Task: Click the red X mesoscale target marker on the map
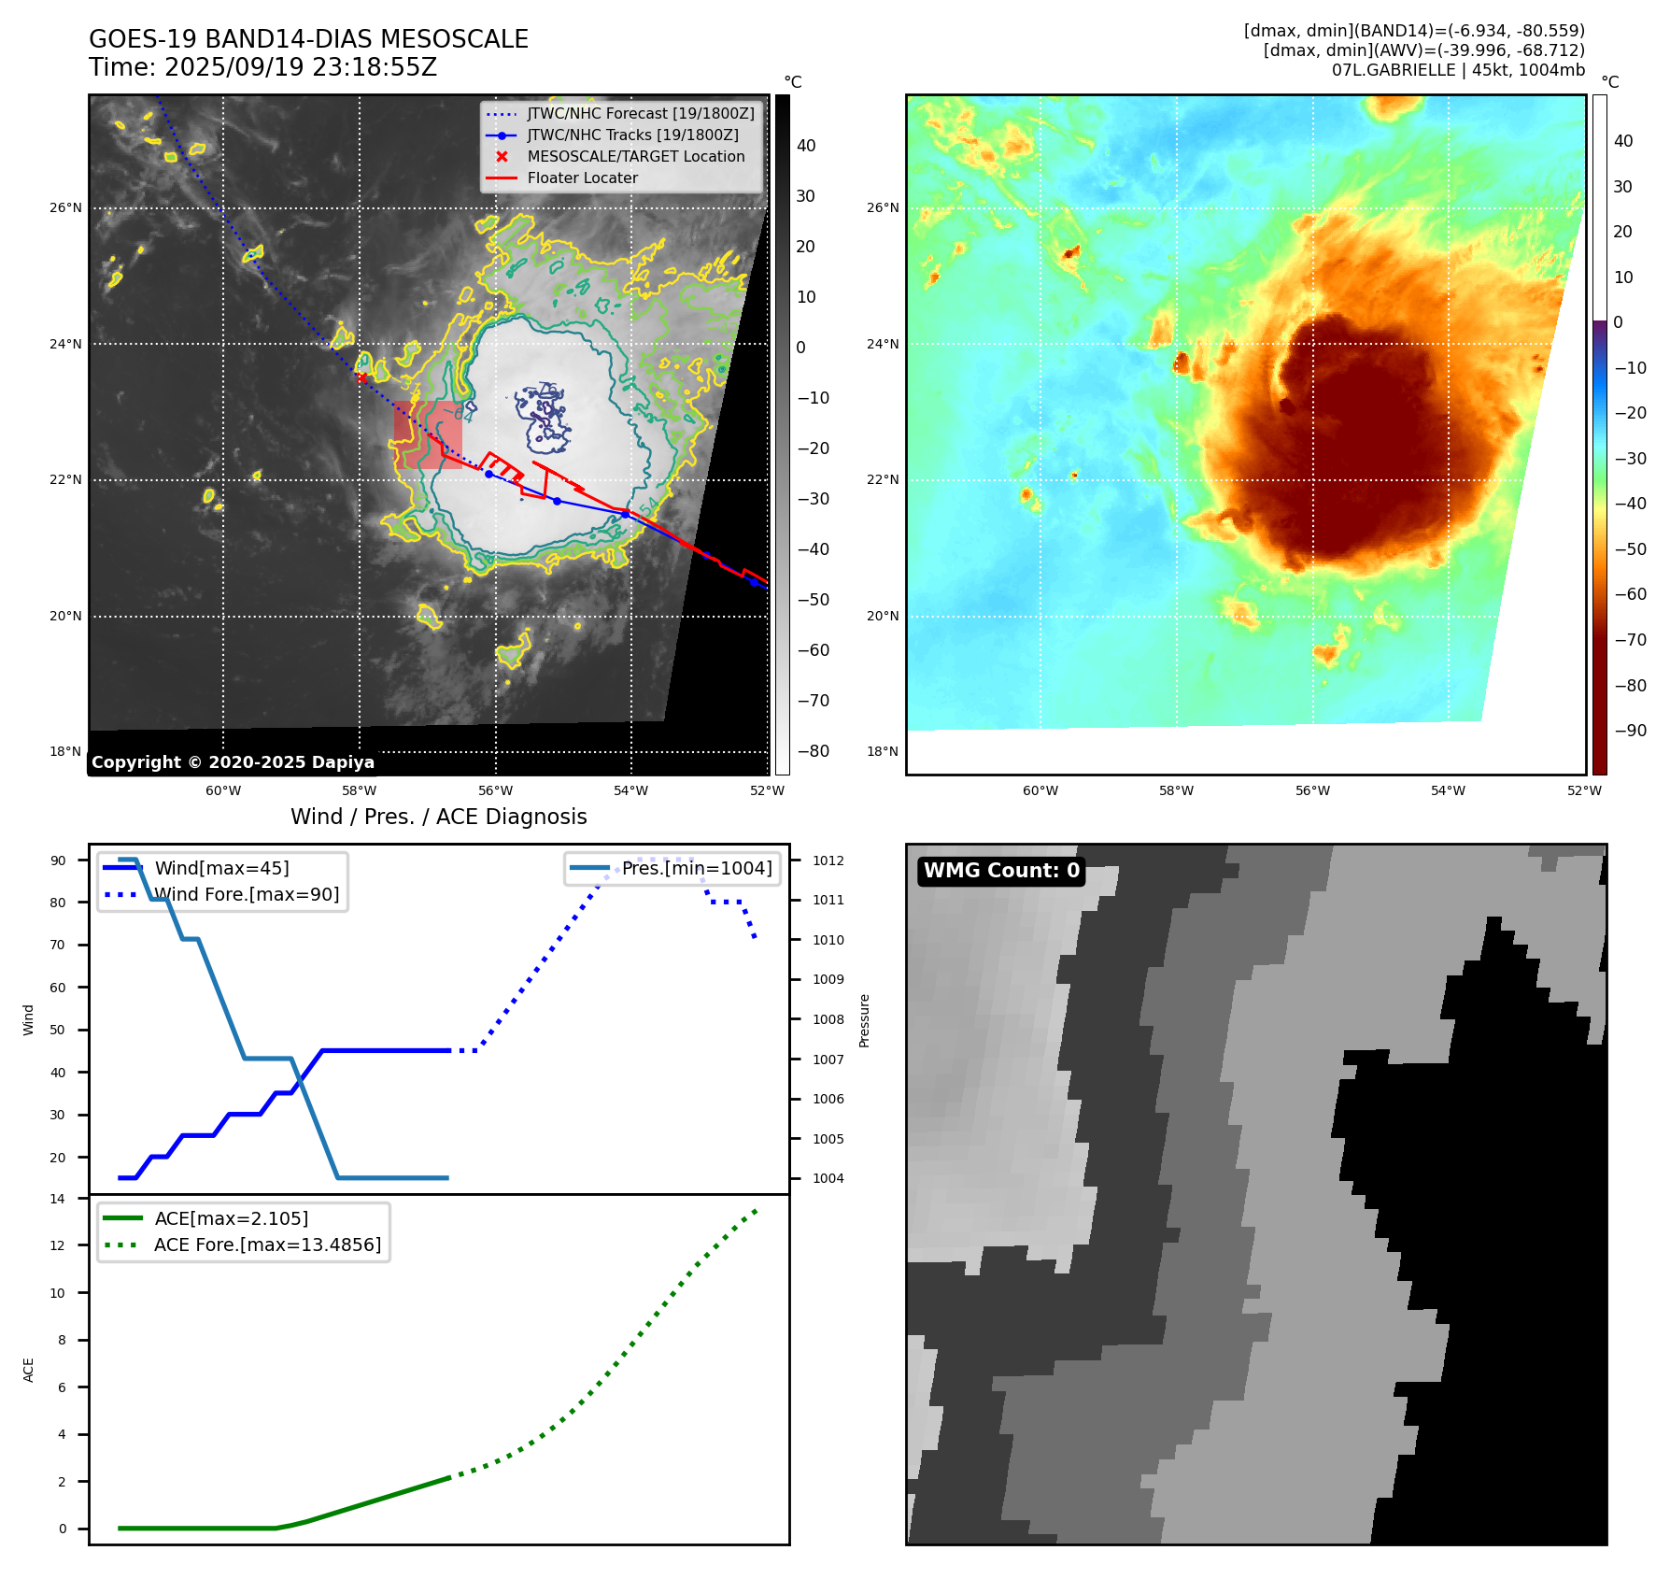click(361, 377)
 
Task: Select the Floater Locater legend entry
click(582, 178)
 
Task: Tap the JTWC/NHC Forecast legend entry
click(640, 114)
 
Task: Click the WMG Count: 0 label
click(1001, 871)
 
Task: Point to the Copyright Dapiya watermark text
click(233, 762)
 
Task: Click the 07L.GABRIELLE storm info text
click(1458, 70)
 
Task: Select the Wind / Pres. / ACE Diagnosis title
click(438, 818)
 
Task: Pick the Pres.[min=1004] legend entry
click(696, 869)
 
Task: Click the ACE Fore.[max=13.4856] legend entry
click(267, 1245)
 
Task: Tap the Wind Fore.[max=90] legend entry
click(247, 895)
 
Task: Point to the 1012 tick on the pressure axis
click(828, 861)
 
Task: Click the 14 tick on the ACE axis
click(58, 1199)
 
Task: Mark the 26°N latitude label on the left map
click(65, 208)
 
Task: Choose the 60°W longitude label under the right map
click(1040, 791)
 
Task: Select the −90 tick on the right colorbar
click(1630, 731)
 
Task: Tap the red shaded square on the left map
click(428, 434)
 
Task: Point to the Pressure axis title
click(865, 1020)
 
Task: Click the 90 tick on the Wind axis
click(58, 861)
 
